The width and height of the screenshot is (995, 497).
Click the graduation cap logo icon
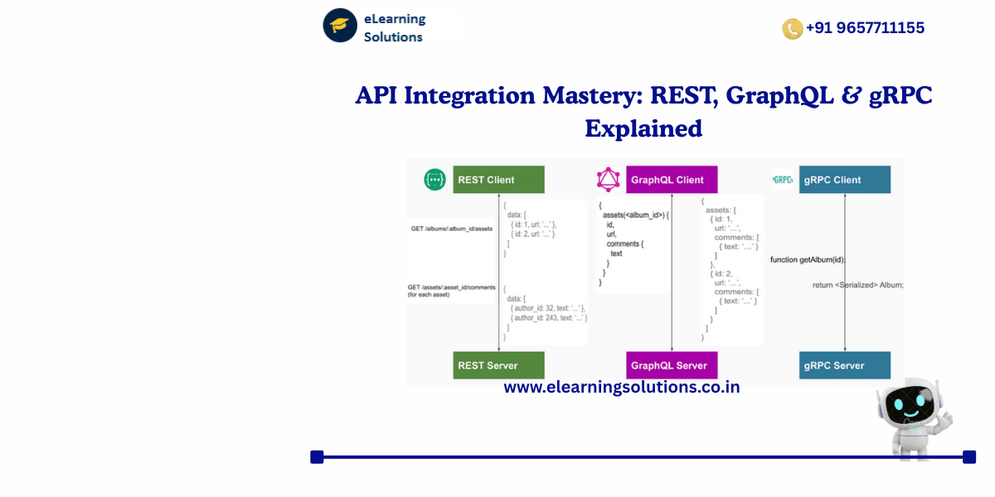coord(340,25)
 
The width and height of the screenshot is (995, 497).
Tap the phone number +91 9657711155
coord(865,28)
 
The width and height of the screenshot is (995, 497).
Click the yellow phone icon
coord(792,29)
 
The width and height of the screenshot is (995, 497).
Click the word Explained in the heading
coord(643,129)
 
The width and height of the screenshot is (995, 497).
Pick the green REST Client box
coord(498,180)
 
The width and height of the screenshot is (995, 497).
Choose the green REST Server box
coord(498,365)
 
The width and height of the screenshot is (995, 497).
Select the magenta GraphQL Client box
coord(672,180)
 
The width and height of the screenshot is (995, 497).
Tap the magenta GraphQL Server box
coord(672,365)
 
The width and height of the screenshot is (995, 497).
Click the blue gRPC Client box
coord(844,180)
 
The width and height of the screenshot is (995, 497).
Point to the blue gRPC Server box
coord(844,365)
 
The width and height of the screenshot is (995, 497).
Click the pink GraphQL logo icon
coord(609,180)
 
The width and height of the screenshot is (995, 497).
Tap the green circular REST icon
coord(434,180)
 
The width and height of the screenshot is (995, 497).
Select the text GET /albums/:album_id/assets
coord(451,229)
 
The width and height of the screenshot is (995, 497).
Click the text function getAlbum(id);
coord(808,259)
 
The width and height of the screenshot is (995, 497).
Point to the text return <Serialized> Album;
coord(857,285)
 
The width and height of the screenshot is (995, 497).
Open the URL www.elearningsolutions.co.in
coord(621,387)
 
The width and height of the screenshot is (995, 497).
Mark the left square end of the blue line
coord(317,456)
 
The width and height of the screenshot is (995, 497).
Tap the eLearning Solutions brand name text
coord(395,27)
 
